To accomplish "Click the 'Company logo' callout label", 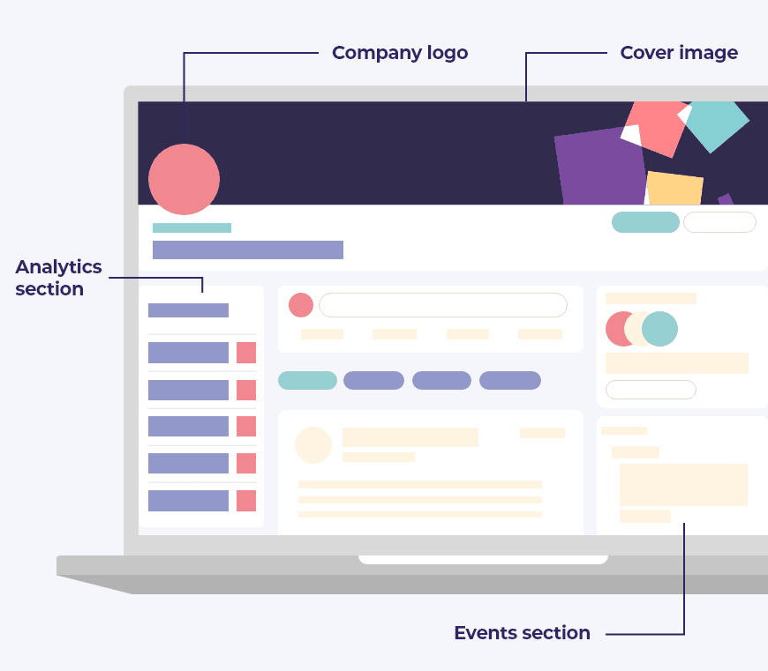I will click(400, 53).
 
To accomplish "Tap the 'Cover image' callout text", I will click(679, 53).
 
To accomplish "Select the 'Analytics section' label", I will click(58, 278).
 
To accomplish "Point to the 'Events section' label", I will click(522, 633).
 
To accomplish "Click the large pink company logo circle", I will click(184, 179).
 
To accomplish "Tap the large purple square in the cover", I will click(601, 168).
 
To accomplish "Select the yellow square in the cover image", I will click(674, 189).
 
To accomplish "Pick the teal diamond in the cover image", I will click(717, 123).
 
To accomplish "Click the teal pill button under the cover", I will click(645, 222).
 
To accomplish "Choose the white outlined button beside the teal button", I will click(719, 222).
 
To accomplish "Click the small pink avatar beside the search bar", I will click(301, 305).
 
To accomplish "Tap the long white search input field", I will click(442, 305).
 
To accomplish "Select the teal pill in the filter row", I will click(307, 381).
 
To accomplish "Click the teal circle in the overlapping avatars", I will click(660, 329).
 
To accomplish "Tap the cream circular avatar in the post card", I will click(313, 445).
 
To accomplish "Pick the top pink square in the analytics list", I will click(246, 353).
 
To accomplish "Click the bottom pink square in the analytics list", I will click(246, 501).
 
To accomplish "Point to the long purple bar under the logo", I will click(248, 250).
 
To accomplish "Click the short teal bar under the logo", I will click(192, 227).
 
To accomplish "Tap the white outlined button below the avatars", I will click(651, 390).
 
